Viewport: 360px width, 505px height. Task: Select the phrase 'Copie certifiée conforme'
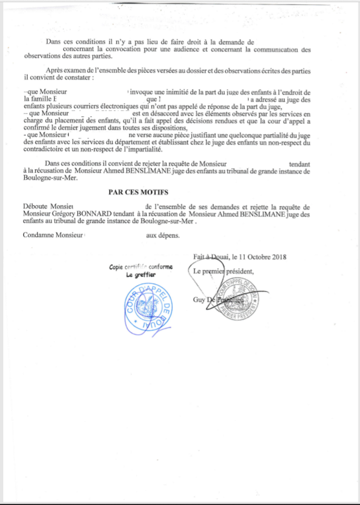point(141,267)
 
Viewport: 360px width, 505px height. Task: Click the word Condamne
point(38,236)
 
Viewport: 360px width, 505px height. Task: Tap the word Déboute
point(36,207)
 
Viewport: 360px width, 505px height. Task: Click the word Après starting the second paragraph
point(54,70)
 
